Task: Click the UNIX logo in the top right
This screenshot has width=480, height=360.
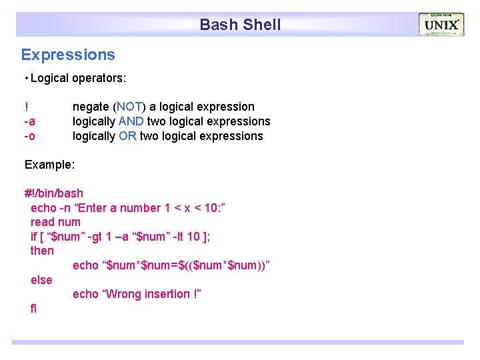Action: click(441, 25)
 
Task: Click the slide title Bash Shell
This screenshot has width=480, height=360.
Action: click(240, 25)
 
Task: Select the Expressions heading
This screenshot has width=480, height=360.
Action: click(68, 55)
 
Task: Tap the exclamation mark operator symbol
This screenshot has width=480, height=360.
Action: click(27, 107)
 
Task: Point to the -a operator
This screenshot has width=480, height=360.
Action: click(30, 121)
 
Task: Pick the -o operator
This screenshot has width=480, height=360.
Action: click(30, 136)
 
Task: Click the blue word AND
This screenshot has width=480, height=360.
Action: click(131, 121)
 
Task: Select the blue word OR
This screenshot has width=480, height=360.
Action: click(127, 136)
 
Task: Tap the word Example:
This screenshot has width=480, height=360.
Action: click(50, 164)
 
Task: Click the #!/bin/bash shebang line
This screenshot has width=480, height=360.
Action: click(54, 193)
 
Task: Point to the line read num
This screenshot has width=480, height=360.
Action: click(55, 222)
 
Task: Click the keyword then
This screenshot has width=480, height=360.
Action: click(42, 251)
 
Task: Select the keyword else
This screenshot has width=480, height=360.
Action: click(41, 280)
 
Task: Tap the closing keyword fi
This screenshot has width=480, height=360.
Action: click(34, 309)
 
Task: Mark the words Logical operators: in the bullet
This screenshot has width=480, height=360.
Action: click(78, 78)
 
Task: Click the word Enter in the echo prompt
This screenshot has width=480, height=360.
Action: click(93, 208)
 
